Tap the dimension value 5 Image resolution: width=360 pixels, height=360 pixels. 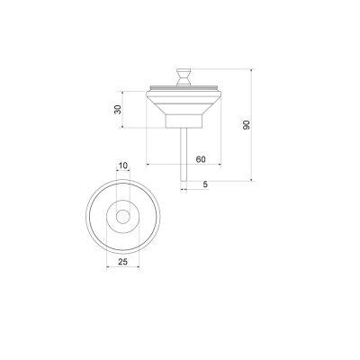[x=205, y=185]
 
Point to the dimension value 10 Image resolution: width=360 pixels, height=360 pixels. [x=122, y=166]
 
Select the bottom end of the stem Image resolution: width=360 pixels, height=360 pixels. [x=183, y=176]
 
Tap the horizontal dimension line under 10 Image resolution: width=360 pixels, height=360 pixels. [x=122, y=172]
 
